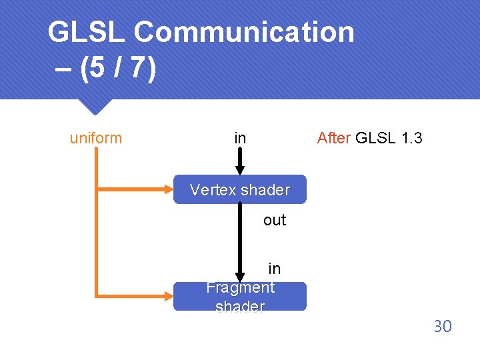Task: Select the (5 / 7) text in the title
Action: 117,69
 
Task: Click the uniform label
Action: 96,138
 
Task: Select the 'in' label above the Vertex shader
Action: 240,138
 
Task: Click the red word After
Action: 333,138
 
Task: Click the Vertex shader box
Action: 240,190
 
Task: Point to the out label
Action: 274,220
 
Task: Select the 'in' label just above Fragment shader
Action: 274,269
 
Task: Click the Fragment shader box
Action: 240,297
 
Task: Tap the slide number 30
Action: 443,326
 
